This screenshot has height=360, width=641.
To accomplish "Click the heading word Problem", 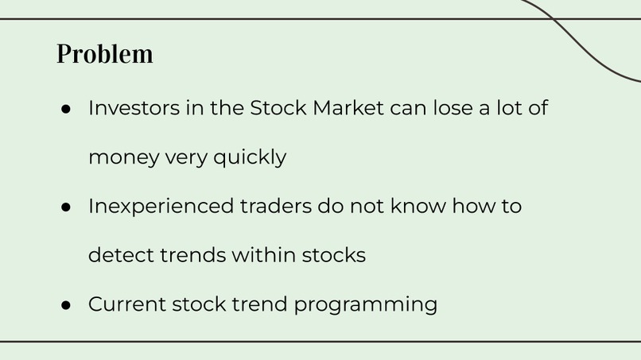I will tap(105, 54).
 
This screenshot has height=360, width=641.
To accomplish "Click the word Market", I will tap(348, 107).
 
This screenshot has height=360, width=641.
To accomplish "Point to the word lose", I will tap(452, 107).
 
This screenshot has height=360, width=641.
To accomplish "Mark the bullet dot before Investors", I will tap(67, 108).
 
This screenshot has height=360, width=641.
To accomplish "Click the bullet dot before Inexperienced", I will tap(67, 207).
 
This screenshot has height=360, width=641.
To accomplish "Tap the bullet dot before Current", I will tap(67, 305).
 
